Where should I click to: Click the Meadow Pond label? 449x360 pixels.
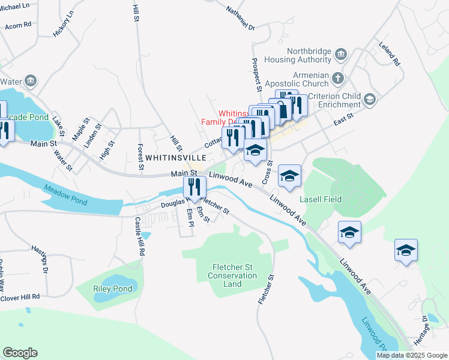click(65, 196)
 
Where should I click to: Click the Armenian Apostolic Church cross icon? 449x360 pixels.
click(338, 77)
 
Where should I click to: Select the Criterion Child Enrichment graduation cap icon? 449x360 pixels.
click(370, 98)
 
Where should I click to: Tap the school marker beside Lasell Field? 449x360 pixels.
click(290, 176)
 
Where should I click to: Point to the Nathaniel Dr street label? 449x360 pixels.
click(241, 19)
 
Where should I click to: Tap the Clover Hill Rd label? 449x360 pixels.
click(20, 296)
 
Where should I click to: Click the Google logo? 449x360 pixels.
click(20, 353)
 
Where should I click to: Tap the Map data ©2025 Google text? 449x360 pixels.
click(412, 355)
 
